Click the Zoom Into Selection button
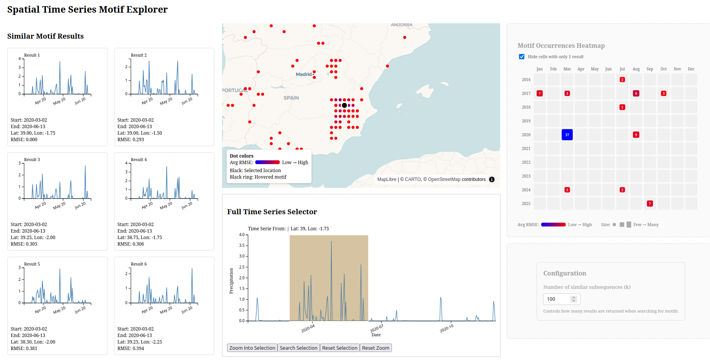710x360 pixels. coord(252,348)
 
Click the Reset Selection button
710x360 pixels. coord(340,348)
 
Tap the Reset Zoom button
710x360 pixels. coord(376,348)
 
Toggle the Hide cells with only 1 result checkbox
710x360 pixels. coord(522,57)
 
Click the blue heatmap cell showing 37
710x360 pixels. coord(567,135)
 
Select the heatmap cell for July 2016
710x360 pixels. coord(622,80)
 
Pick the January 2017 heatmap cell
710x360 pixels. coord(540,93)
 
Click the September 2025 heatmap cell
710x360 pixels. coord(650,204)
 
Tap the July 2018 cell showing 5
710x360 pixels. coord(622,107)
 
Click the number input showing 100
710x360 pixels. coord(561,299)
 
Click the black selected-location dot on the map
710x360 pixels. coord(344,105)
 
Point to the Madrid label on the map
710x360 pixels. coord(304,74)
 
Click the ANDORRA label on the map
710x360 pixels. coord(402,25)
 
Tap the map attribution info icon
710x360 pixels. coord(492,179)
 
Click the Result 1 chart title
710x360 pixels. coord(32,55)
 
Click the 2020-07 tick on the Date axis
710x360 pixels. coord(377,328)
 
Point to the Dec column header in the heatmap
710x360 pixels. coord(691,69)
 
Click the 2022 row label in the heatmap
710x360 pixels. coord(526,162)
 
